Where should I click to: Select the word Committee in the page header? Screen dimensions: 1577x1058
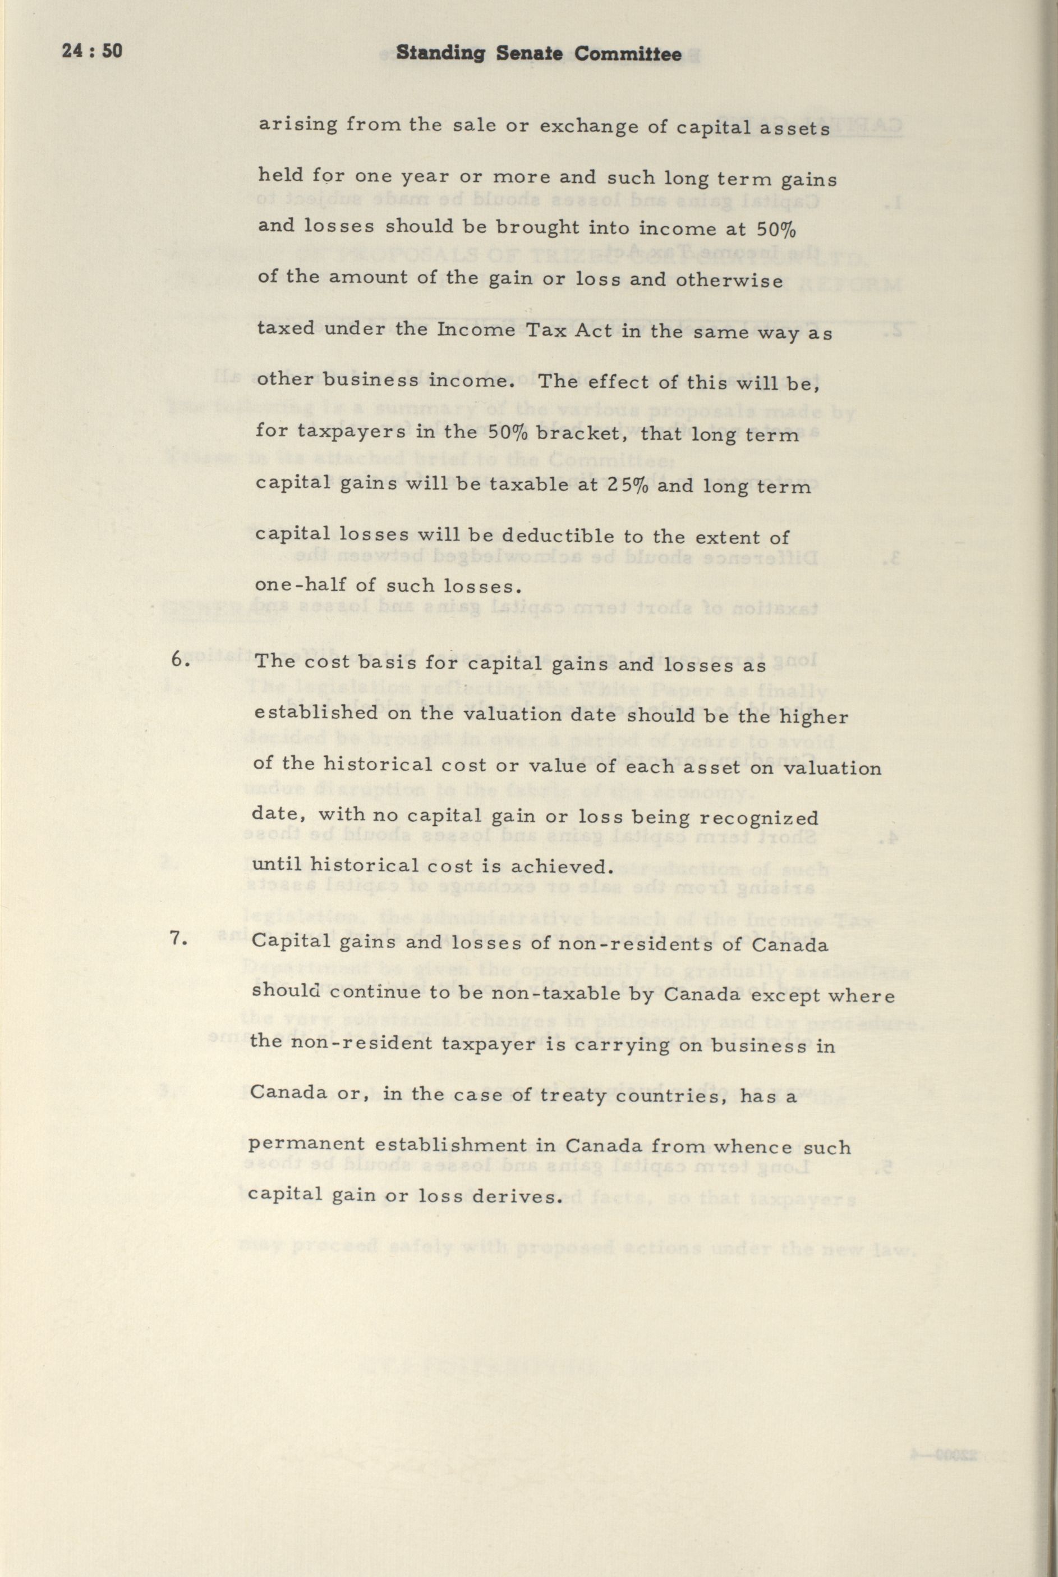coord(633,54)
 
